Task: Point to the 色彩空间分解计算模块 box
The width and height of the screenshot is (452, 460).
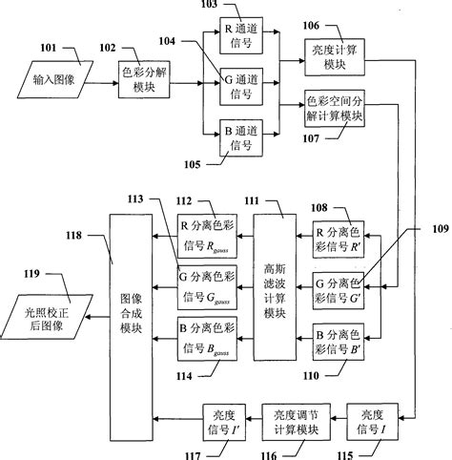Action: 334,111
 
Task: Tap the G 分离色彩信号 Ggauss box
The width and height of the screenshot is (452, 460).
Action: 210,283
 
